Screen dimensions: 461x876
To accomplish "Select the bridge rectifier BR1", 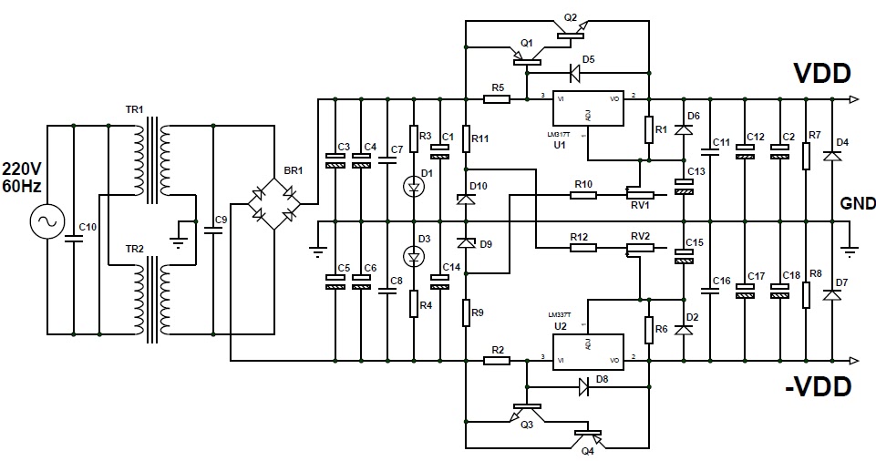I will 275,202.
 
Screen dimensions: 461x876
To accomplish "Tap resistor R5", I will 497,98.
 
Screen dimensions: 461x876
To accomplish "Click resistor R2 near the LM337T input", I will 497,360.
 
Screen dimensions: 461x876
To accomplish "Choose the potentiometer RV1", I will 642,192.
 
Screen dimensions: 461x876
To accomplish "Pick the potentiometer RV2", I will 642,248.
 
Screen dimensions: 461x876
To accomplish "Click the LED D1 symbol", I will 414,186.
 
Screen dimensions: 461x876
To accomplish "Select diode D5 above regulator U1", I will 576,70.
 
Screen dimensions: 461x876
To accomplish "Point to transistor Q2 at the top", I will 572,34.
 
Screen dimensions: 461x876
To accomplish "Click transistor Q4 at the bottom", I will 590,435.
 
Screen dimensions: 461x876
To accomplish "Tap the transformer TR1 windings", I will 152,153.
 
